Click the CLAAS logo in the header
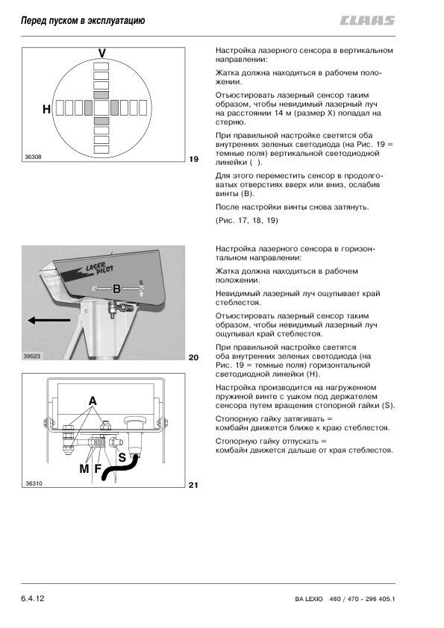[367, 21]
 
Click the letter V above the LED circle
[102, 53]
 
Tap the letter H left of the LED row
[46, 109]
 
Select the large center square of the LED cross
[101, 108]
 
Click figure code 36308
[33, 157]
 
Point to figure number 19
[193, 160]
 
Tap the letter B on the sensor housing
[116, 289]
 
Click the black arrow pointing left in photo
[49, 320]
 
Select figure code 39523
[32, 356]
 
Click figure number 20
[193, 358]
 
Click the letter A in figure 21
[93, 401]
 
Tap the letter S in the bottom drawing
[122, 458]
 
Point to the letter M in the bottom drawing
[84, 469]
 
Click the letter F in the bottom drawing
[97, 469]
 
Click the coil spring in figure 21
[99, 442]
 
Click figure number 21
[193, 485]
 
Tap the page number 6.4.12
[33, 599]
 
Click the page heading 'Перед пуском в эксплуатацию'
[83, 20]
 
